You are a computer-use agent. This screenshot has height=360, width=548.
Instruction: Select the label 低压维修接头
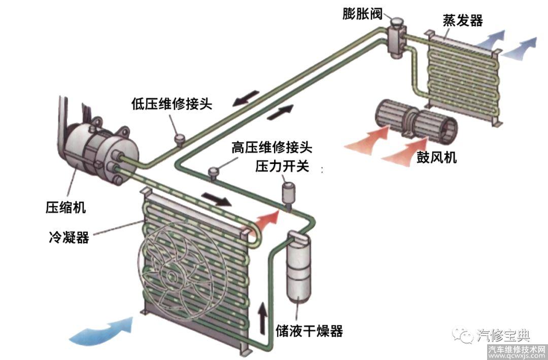click(x=171, y=105)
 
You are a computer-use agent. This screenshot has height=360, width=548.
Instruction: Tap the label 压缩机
click(x=65, y=207)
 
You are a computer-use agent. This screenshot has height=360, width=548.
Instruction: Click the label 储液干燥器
click(x=309, y=331)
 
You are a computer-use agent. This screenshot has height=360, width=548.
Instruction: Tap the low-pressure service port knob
click(x=179, y=138)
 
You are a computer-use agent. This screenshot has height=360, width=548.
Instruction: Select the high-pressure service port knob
click(x=214, y=173)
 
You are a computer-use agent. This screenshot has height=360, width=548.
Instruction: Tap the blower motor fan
click(x=414, y=121)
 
